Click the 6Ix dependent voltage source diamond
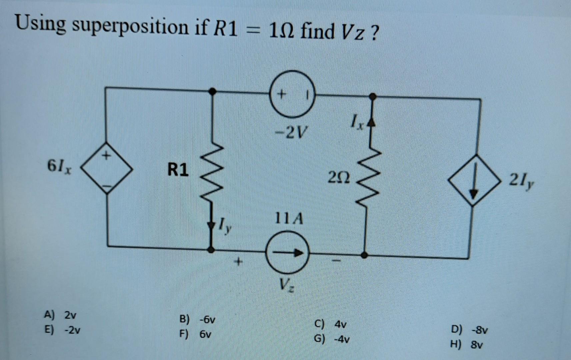point(107,172)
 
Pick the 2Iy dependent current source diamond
point(474,180)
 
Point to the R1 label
point(178,170)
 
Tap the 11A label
point(289,219)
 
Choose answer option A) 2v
point(60,315)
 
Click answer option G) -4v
point(332,339)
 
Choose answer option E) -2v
point(62,330)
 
